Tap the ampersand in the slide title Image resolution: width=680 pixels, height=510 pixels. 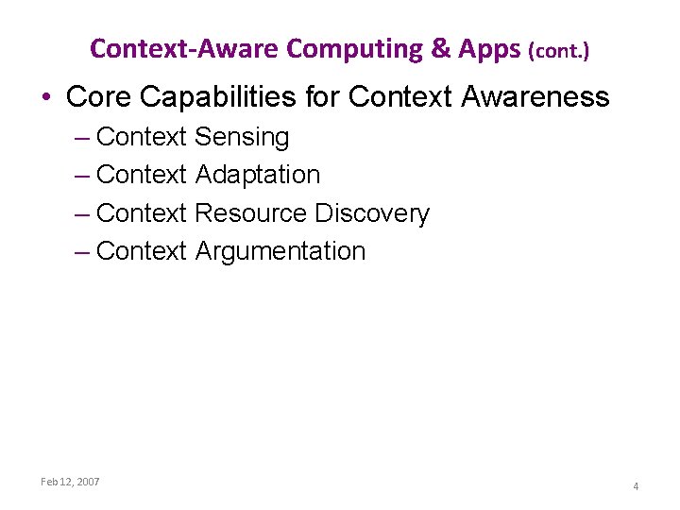[x=441, y=48]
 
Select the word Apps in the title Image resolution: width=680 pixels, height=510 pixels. [x=489, y=49]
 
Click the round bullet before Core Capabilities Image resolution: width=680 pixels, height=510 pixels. [x=46, y=97]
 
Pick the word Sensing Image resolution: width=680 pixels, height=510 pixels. [x=242, y=138]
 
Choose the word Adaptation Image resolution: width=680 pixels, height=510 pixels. [x=258, y=176]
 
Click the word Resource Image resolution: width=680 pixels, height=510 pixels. [x=251, y=213]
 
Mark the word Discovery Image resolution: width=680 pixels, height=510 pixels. [x=372, y=214]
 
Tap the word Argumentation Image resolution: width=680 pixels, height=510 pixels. [x=280, y=251]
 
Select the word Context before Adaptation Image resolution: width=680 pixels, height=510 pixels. [x=142, y=175]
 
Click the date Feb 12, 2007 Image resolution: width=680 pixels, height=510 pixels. [x=70, y=482]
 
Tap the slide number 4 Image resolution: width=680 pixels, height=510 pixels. [x=636, y=486]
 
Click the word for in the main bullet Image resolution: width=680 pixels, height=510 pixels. [x=324, y=96]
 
